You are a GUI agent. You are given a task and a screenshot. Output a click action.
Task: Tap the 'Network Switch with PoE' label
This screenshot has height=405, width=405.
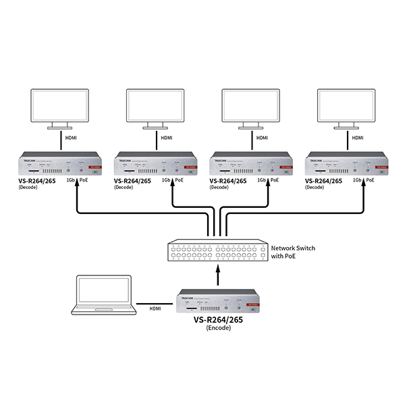pyautogui.click(x=292, y=252)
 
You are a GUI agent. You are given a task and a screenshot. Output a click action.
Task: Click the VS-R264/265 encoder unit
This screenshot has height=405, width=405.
pyautogui.click(x=218, y=302)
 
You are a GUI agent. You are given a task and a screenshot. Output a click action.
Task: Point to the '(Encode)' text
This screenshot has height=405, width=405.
pyautogui.click(x=219, y=327)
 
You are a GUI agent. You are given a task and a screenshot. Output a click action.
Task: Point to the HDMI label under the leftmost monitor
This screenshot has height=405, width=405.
pyautogui.click(x=71, y=138)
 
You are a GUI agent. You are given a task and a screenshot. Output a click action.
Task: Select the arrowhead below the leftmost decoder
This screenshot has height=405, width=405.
pyautogui.click(x=78, y=188)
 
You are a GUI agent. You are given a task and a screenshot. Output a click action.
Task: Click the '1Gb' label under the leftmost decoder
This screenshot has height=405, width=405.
pyautogui.click(x=70, y=181)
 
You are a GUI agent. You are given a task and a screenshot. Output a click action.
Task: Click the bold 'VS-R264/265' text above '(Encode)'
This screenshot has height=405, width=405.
pyautogui.click(x=219, y=319)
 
